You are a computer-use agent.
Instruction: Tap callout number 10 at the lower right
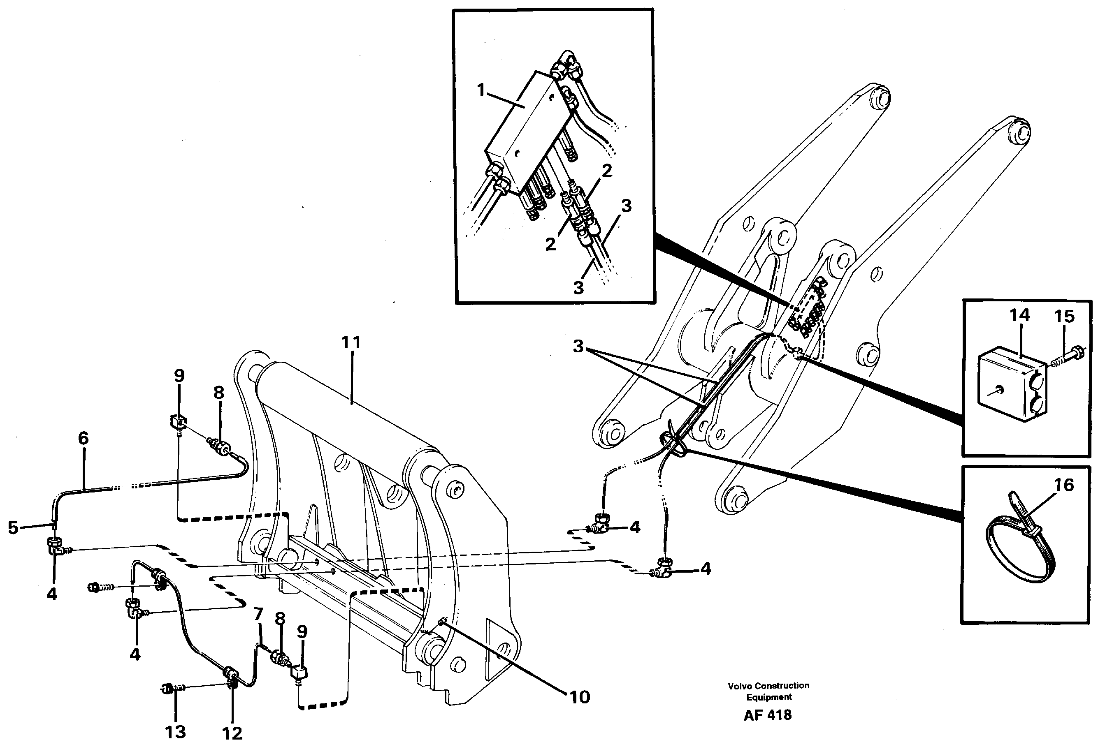point(580,697)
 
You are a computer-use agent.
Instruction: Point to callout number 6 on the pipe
point(84,438)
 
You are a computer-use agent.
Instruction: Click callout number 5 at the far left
point(13,527)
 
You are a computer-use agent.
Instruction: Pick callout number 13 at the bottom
point(175,732)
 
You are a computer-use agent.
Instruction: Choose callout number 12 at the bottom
point(232,733)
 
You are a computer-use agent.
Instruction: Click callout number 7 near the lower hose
point(258,614)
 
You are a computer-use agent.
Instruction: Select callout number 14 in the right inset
point(1019,315)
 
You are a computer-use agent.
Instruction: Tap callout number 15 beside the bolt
point(1064,317)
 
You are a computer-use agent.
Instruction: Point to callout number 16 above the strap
point(1064,485)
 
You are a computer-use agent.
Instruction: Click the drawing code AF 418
point(767,715)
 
